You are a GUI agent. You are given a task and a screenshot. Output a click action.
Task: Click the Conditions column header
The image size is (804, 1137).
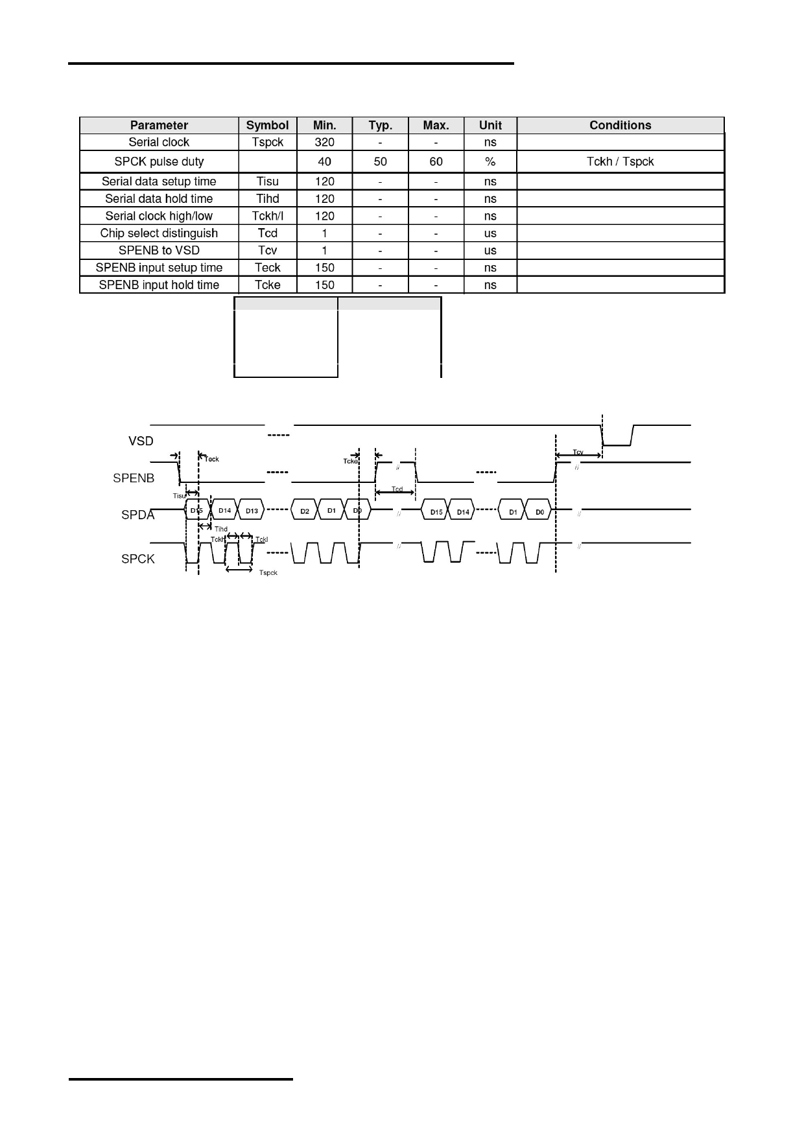click(x=620, y=125)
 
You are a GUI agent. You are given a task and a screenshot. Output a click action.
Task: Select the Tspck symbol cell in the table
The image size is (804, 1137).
click(x=267, y=142)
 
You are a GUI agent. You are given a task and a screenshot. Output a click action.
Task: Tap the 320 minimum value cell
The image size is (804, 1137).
click(x=324, y=142)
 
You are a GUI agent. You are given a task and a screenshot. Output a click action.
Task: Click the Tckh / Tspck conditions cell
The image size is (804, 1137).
click(x=620, y=161)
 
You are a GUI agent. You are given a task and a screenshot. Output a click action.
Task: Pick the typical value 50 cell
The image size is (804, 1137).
click(x=380, y=161)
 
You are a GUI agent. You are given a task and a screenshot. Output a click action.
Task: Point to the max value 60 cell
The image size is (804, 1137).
click(x=436, y=161)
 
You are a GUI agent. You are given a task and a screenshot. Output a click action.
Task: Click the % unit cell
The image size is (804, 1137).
click(x=490, y=161)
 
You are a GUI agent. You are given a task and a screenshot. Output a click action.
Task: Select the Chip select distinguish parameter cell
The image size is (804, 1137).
click(x=159, y=233)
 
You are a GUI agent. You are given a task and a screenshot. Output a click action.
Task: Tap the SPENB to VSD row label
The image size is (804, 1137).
click(x=159, y=250)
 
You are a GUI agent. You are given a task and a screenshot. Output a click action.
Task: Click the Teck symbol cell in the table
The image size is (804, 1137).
click(x=267, y=267)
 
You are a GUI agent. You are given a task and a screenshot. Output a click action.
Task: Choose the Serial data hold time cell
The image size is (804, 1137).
click(x=159, y=198)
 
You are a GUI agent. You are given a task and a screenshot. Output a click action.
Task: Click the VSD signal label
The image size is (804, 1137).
click(x=141, y=441)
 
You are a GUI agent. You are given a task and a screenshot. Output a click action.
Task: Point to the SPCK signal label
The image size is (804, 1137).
click(x=138, y=559)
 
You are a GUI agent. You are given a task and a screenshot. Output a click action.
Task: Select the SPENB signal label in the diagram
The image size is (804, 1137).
click(x=134, y=478)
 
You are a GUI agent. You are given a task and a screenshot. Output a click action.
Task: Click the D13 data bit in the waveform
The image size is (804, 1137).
click(x=252, y=511)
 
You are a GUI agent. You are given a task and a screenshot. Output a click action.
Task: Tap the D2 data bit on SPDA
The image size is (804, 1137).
click(x=305, y=511)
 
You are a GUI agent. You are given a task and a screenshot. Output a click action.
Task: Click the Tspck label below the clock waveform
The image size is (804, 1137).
click(x=268, y=573)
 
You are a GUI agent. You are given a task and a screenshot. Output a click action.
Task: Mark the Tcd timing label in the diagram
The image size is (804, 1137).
click(x=397, y=489)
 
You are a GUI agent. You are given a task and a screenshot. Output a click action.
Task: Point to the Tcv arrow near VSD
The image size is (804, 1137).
click(x=578, y=455)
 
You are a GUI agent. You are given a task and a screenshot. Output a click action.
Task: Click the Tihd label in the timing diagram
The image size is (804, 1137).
click(x=221, y=530)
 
